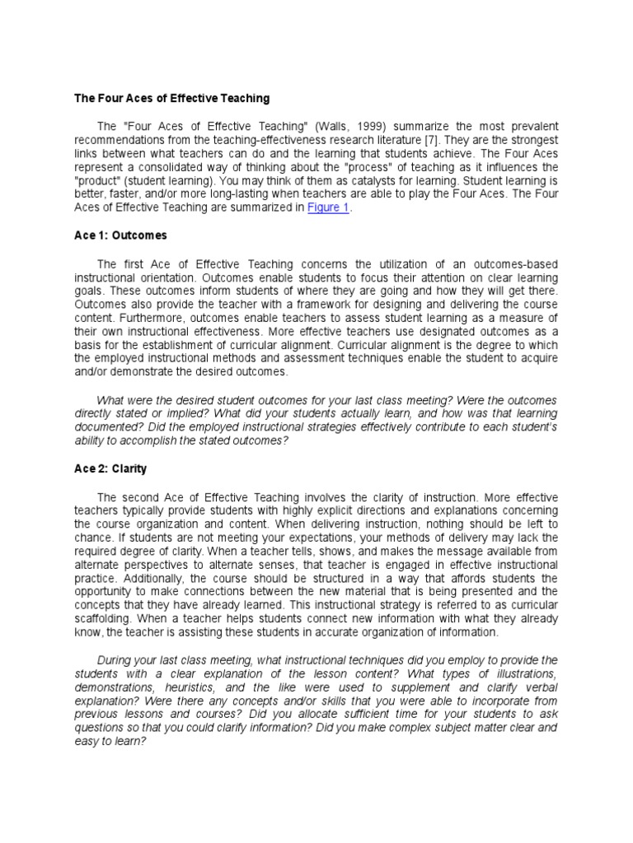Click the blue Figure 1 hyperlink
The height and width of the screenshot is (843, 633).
pyautogui.click(x=328, y=207)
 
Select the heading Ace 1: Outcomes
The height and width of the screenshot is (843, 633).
pyautogui.click(x=120, y=235)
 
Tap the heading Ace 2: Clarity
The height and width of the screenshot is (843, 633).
pyautogui.click(x=111, y=469)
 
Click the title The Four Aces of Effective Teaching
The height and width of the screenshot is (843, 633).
pyautogui.click(x=172, y=98)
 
